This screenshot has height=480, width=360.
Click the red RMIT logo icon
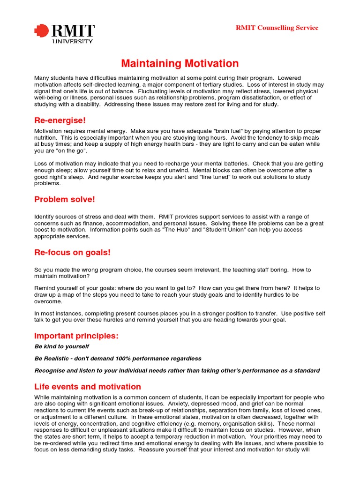click(x=42, y=31)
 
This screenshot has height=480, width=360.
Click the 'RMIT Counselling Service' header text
click(x=277, y=28)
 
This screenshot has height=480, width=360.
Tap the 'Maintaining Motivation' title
click(x=180, y=63)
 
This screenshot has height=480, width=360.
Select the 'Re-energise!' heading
click(x=60, y=120)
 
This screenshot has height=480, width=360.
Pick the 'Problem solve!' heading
click(x=65, y=199)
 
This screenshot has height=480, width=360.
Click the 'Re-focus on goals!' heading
click(x=72, y=253)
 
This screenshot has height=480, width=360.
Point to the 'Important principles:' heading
click(x=76, y=336)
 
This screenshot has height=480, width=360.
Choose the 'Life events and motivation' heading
click(x=88, y=387)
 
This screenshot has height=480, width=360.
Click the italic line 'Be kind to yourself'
click(x=61, y=346)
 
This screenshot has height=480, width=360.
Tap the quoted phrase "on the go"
click(x=71, y=151)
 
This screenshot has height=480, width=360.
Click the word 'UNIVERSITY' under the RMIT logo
click(x=72, y=41)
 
